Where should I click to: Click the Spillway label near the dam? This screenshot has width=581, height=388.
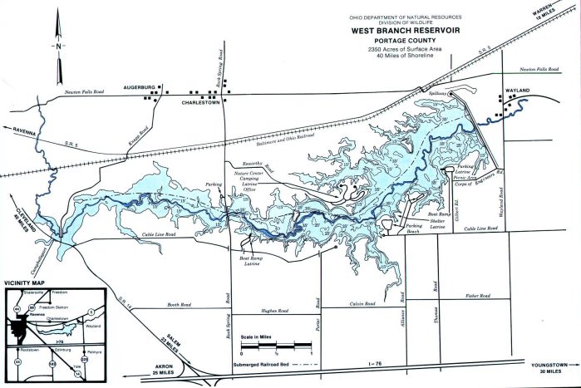[x=436, y=94]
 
